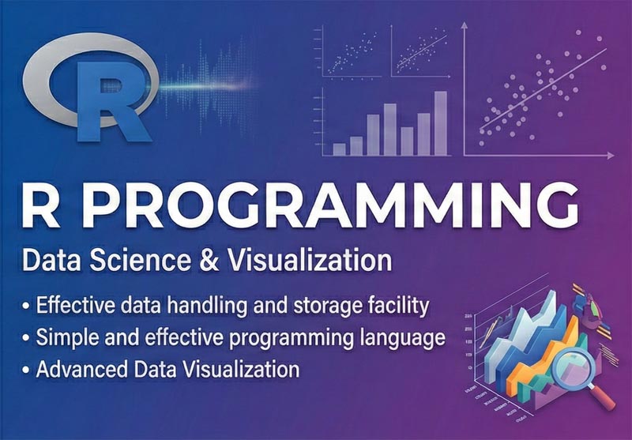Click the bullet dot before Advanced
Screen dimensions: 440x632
28,370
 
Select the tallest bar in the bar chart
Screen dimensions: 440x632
440,122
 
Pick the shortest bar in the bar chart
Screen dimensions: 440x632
340,148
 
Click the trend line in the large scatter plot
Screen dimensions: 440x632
545,87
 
